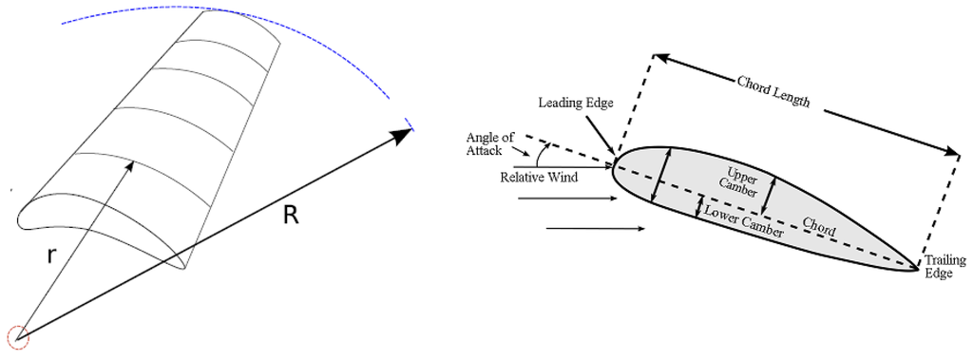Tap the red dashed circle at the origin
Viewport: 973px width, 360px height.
point(17,336)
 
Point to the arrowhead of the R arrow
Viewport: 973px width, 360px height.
point(403,135)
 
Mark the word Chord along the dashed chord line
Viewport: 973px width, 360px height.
point(820,224)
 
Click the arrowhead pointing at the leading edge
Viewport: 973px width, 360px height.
point(608,146)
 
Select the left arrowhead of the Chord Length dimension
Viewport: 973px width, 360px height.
point(659,59)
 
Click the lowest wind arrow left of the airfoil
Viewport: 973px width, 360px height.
point(597,229)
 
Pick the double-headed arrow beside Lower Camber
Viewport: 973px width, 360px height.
point(700,206)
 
